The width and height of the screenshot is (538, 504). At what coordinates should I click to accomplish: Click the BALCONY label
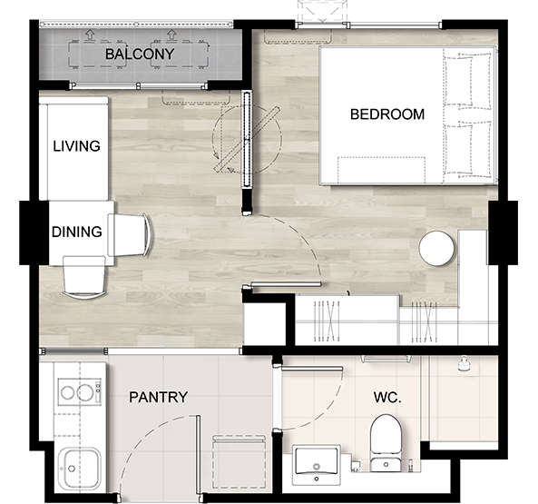coord(140,54)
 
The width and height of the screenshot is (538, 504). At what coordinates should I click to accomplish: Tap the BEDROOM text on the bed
coord(387,114)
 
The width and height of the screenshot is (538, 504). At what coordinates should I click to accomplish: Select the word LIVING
coord(76,146)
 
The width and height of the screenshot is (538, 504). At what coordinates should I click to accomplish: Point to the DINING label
coord(77,232)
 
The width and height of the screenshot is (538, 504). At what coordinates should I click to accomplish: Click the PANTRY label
coord(158,397)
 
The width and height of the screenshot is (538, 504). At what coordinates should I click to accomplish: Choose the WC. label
coord(387,397)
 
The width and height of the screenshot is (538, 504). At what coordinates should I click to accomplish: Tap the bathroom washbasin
coord(317,465)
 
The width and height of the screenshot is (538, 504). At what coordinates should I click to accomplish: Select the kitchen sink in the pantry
coord(79,469)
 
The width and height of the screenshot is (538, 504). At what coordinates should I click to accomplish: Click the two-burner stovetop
coord(80,392)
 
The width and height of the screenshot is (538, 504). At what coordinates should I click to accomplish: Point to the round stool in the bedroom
coord(436,248)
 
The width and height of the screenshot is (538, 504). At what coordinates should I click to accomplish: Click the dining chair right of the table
coord(129,235)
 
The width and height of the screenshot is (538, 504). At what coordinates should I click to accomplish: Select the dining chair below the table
coord(84,277)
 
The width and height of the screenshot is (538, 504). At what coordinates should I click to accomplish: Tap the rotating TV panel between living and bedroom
coord(247,139)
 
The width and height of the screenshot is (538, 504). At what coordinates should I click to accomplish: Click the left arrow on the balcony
coord(90,34)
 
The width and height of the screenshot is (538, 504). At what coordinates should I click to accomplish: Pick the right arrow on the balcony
coord(171,34)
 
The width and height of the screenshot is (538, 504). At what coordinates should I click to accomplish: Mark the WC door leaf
coord(312,369)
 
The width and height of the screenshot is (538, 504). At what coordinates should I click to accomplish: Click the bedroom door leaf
coord(286,284)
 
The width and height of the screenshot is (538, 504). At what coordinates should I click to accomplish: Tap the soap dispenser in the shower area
coord(464,364)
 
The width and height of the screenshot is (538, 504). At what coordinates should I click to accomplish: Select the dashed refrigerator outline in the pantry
coord(239,462)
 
